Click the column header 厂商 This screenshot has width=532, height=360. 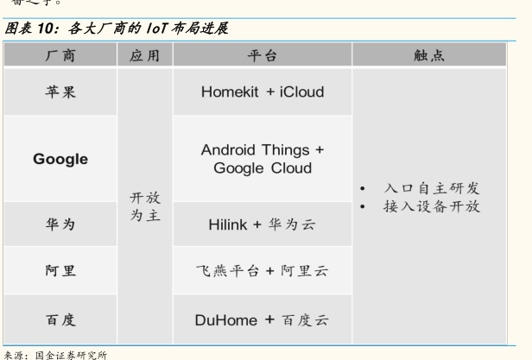point(60,56)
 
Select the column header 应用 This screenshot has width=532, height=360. point(144,56)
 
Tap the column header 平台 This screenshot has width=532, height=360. point(263,56)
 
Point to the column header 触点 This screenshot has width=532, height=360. point(429,56)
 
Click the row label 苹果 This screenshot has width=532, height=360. point(60,92)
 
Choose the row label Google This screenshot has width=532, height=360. point(60,159)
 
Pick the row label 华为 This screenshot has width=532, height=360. point(60,224)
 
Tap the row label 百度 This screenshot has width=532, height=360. point(60,320)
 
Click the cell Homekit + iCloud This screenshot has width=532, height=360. point(263,92)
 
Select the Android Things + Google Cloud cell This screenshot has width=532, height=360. point(263,159)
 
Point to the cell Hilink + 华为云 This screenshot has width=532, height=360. point(263,224)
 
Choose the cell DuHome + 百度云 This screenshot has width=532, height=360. point(263,320)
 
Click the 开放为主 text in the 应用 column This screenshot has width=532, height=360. point(144,206)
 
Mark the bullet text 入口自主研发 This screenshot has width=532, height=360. point(431,188)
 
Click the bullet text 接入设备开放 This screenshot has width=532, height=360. point(431,207)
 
